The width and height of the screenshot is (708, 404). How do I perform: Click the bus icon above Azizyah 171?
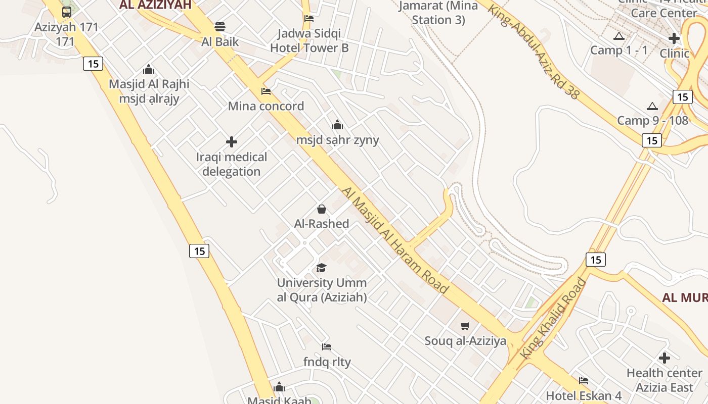pyautogui.click(x=66, y=12)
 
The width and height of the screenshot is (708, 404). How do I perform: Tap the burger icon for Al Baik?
pyautogui.click(x=220, y=26)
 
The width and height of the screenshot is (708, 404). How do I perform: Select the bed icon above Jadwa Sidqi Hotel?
pyautogui.click(x=309, y=19)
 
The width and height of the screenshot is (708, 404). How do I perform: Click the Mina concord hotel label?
pyautogui.click(x=266, y=106)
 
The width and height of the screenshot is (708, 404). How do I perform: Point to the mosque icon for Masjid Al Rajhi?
pyautogui.click(x=149, y=69)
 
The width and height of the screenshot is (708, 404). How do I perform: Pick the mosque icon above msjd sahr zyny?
pyautogui.click(x=337, y=125)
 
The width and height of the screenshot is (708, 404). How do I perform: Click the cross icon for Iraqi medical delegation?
pyautogui.click(x=232, y=142)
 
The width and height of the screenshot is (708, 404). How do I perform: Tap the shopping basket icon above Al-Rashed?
pyautogui.click(x=322, y=209)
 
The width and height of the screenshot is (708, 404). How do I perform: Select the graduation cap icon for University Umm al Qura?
pyautogui.click(x=322, y=268)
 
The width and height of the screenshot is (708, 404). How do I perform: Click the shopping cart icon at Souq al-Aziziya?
pyautogui.click(x=465, y=326)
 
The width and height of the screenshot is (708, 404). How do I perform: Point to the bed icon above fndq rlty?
pyautogui.click(x=327, y=347)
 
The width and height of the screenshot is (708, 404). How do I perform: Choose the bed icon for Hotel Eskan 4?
pyautogui.click(x=584, y=380)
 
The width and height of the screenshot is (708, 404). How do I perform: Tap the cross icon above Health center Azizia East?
pyautogui.click(x=665, y=358)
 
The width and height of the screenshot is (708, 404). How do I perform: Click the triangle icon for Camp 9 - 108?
pyautogui.click(x=652, y=106)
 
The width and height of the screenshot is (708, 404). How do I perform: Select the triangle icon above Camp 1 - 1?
pyautogui.click(x=618, y=36)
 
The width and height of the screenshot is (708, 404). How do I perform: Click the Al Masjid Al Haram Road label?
pyautogui.click(x=395, y=240)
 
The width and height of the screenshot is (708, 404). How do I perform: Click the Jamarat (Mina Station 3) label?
pyautogui.click(x=438, y=13)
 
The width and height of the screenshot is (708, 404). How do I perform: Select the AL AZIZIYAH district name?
pyautogui.click(x=156, y=5)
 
